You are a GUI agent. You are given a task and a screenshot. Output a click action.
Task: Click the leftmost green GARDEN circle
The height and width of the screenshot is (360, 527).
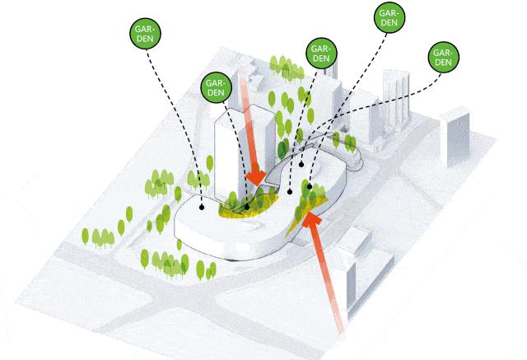pyautogui.click(x=146, y=35)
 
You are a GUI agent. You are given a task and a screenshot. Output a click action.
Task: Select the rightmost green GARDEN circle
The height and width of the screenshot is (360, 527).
pyautogui.click(x=442, y=58)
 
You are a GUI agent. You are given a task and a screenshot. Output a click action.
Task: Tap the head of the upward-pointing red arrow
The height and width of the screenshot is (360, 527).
pyautogui.click(x=313, y=221)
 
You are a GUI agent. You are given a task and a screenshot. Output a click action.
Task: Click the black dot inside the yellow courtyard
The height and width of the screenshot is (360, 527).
pyautogui.click(x=246, y=207)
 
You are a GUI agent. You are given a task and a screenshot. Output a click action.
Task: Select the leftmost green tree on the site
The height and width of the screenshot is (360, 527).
pyautogui.click(x=85, y=236)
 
